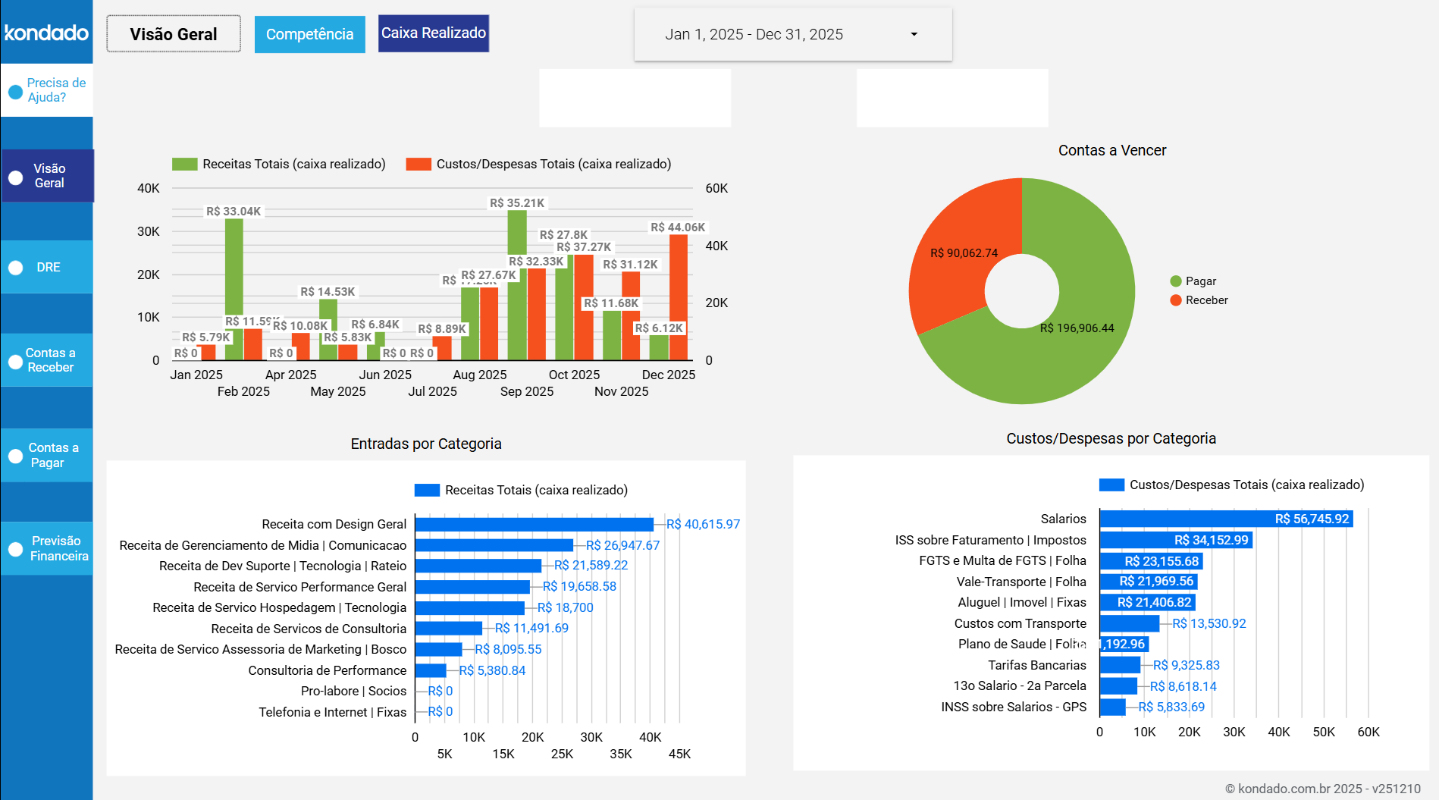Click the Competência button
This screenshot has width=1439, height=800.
[x=309, y=34]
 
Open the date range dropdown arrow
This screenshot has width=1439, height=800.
[x=914, y=34]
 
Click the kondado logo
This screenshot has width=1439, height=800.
[x=46, y=33]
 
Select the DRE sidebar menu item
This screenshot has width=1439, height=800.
[x=48, y=267]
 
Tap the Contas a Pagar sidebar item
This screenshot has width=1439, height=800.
[x=48, y=455]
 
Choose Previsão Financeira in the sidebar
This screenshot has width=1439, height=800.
[x=48, y=548]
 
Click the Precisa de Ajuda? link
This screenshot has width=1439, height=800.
[x=48, y=90]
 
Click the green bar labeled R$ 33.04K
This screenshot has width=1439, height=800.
[x=234, y=273]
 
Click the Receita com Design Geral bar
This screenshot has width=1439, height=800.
[x=533, y=524]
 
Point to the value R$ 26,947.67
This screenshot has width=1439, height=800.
[x=622, y=545]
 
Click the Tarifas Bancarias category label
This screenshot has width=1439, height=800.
[x=1036, y=665]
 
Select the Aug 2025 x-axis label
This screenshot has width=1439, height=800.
[x=479, y=375]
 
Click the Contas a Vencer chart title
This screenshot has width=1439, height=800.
[x=1111, y=150]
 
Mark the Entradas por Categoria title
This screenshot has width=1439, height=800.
[x=425, y=444]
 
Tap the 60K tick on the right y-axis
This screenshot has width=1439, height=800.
[x=716, y=188]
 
